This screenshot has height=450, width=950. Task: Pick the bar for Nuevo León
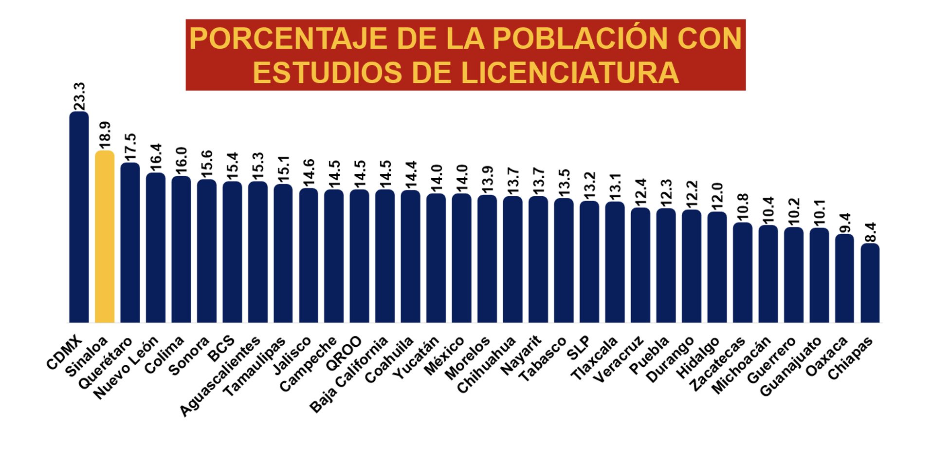coord(156,248)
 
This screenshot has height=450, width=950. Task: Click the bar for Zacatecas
coord(743,273)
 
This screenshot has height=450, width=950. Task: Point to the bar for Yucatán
coord(436,258)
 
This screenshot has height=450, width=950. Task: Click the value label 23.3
coord(79,96)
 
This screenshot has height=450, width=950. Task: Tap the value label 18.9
coord(105,135)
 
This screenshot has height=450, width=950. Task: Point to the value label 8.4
coord(870,232)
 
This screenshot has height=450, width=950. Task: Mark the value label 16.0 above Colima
coord(181,160)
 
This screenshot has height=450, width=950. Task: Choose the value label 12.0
coord(717,196)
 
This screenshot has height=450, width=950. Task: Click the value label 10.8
coord(743,207)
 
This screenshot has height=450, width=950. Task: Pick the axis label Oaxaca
coord(826,357)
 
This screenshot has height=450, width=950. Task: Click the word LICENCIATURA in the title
coord(569,73)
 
